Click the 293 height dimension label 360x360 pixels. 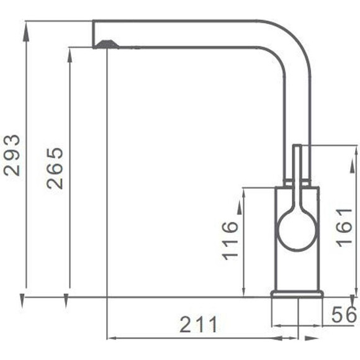[x=12, y=155]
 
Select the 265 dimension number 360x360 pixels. [x=55, y=168]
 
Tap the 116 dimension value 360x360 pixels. [x=230, y=241]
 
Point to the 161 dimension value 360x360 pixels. [x=344, y=228]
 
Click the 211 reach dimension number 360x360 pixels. [x=198, y=325]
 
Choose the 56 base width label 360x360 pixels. [x=344, y=314]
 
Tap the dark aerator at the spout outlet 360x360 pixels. [x=107, y=44]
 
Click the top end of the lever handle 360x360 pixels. [x=297, y=146]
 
